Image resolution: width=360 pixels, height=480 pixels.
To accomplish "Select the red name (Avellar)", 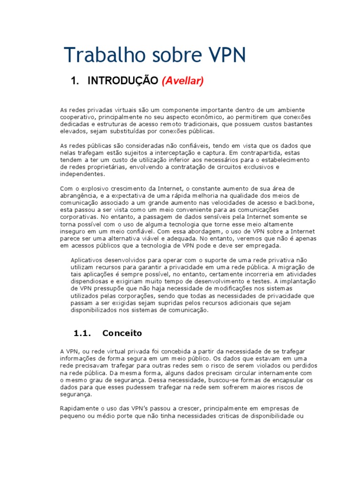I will tap(182, 81).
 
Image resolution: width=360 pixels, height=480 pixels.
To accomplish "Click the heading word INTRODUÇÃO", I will tap(123, 81).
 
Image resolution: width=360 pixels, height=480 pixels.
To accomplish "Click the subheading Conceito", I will tap(122, 333).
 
